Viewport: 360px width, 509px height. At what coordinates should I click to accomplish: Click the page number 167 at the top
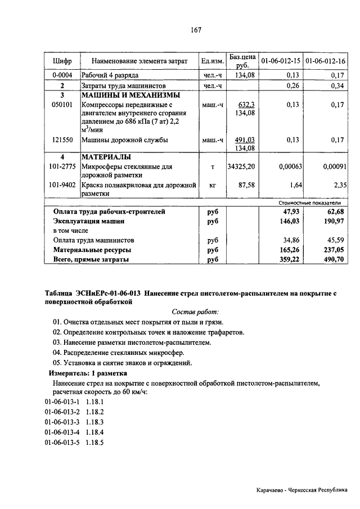click(x=180, y=30)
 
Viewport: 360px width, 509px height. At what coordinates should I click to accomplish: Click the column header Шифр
click(x=62, y=61)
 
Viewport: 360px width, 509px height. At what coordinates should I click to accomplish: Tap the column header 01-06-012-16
click(x=325, y=61)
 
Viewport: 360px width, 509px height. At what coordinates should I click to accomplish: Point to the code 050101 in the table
click(x=62, y=105)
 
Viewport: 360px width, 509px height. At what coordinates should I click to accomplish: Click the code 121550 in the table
click(x=62, y=140)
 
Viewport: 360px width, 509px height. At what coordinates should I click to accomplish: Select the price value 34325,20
click(x=241, y=166)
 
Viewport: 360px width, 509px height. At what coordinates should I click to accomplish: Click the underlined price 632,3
click(x=246, y=105)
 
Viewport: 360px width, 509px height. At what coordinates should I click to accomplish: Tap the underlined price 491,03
click(x=245, y=140)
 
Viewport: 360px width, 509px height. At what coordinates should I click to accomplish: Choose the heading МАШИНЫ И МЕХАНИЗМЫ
click(x=130, y=95)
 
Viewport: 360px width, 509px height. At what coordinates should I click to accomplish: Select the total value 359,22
click(x=286, y=259)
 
